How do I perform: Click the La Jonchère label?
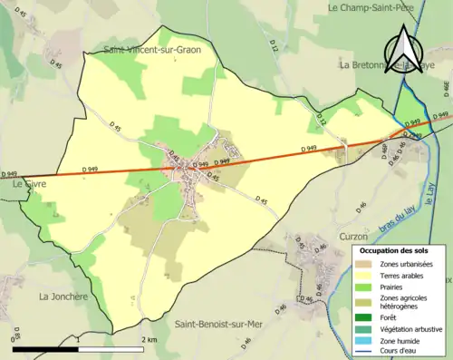click(x=62, y=296)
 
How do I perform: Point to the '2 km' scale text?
click(x=150, y=339)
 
